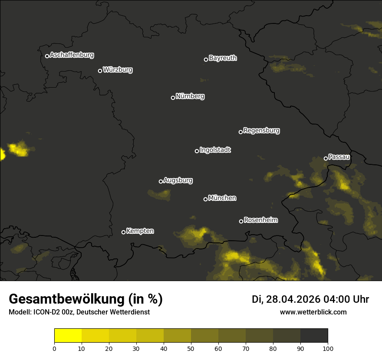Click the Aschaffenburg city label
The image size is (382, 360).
pos(72,55)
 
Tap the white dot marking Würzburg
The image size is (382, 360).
pos(100,71)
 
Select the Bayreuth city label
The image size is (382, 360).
pos(223,58)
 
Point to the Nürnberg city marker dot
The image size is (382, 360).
pos(173,98)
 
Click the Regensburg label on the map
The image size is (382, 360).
pos(261,131)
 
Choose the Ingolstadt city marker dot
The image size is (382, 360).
pos(197,151)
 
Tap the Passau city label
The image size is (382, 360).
pos(339,157)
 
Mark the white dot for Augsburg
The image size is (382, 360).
pos(161,181)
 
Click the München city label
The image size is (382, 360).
pos(222,198)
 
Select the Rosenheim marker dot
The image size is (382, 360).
pos(241,221)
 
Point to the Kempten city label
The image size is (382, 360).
pos(140,231)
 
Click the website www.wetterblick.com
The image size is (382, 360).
pos(313,312)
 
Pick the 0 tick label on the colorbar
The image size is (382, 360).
pos(54,348)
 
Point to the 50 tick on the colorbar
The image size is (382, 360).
pos(191,348)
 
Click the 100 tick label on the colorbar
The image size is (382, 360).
pos(328,348)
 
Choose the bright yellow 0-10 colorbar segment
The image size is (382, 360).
pos(68,336)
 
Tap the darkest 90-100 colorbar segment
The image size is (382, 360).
pos(314,336)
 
